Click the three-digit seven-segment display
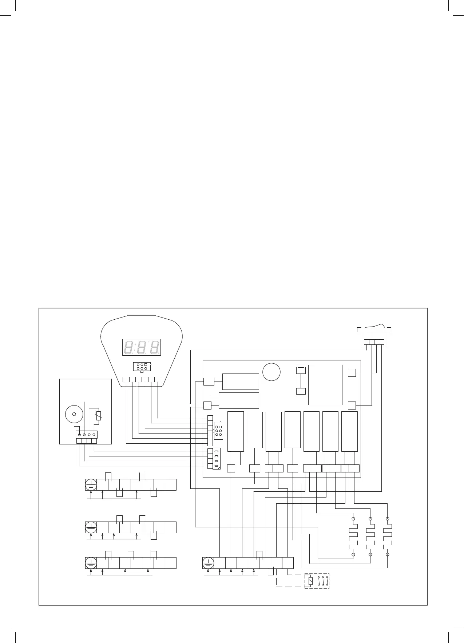point(142,347)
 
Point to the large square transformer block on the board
point(325,385)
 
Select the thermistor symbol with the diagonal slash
point(98,415)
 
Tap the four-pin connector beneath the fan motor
point(87,434)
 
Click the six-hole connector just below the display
point(142,366)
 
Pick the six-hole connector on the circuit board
point(218,431)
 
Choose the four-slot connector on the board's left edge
point(214,459)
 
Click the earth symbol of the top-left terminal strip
point(91,485)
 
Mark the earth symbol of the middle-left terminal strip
point(91,527)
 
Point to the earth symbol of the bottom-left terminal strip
point(91,563)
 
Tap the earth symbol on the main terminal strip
point(208,563)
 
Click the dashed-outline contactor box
point(317,581)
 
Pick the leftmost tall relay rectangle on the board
point(235,432)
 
